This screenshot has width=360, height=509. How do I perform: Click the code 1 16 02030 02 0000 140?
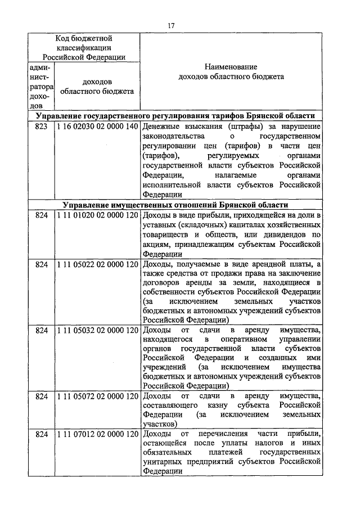coord(97,126)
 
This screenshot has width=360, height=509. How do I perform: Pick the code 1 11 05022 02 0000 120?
coord(97,264)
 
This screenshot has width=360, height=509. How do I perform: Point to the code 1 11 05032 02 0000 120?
coord(97,330)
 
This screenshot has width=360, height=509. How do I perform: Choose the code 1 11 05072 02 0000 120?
coord(97,396)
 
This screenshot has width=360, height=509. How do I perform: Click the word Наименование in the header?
coord(231,66)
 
